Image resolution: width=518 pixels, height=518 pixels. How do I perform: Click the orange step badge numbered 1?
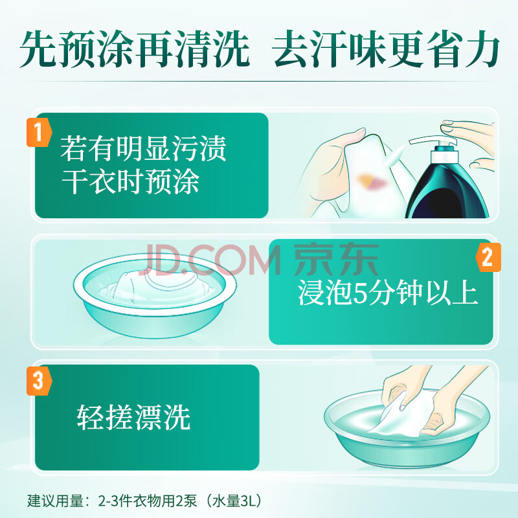tap(39, 132)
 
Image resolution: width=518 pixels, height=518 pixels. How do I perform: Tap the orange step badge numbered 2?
tap(488, 257)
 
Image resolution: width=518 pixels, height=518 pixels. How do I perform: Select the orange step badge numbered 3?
tap(39, 380)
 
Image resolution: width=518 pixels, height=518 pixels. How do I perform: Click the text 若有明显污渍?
tap(143, 149)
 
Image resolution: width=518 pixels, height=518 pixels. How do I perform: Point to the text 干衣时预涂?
tap(131, 181)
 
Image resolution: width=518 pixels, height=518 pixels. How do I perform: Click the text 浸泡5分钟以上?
tap(387, 293)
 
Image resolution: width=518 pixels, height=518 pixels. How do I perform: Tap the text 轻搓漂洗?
tap(134, 417)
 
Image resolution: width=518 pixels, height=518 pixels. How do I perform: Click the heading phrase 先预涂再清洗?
tap(135, 49)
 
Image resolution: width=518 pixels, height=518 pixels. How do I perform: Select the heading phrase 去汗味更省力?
tap(387, 49)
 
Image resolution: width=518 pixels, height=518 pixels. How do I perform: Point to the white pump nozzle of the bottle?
tap(433, 141)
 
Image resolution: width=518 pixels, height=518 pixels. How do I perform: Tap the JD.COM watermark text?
tap(212, 260)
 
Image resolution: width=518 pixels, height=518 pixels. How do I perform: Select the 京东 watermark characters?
tap(336, 260)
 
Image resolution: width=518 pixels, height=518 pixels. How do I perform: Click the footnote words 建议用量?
tap(55, 501)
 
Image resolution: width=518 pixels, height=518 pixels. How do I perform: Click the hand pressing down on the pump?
tap(469, 132)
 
